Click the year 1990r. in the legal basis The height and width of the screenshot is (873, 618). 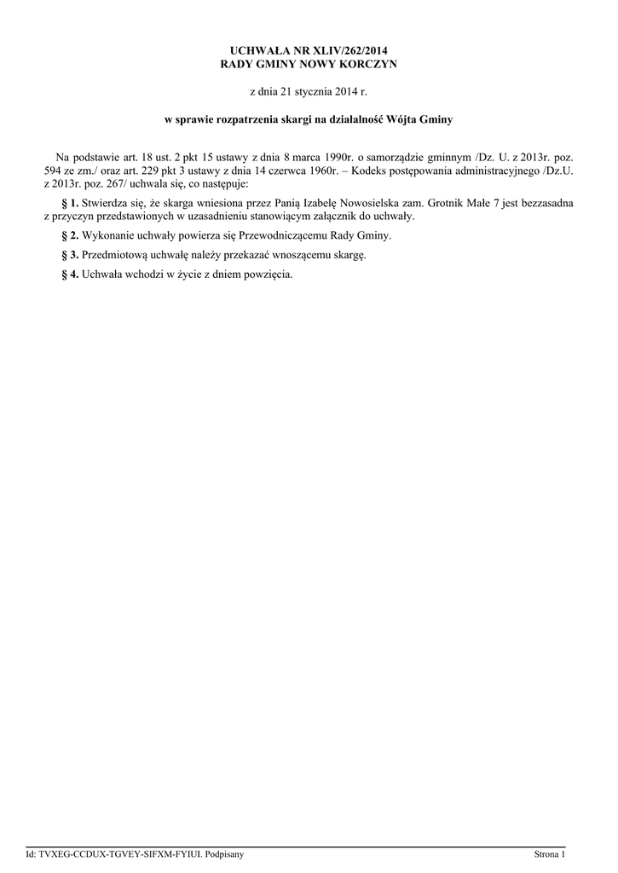coord(329,157)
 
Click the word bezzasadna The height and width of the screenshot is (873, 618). coord(542,204)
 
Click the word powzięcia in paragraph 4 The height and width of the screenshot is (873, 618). coord(268,275)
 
